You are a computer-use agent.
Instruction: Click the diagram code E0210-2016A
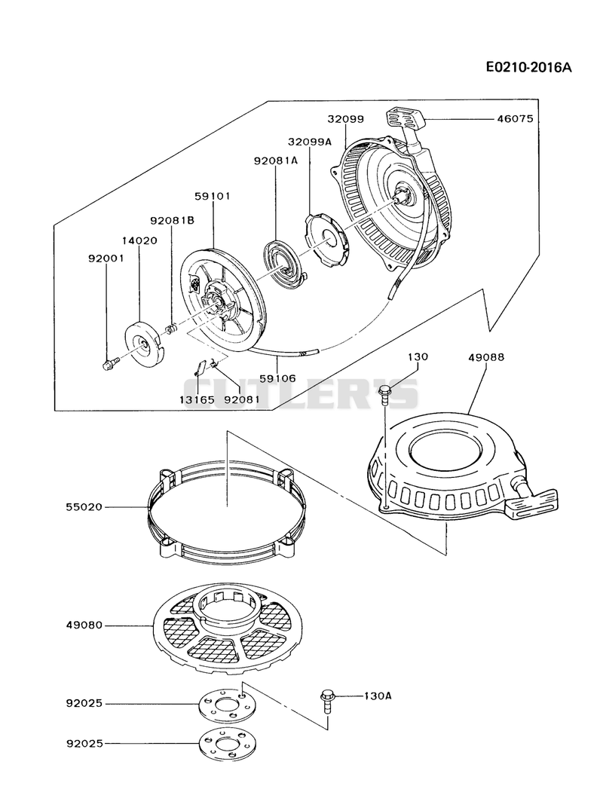coord(529,67)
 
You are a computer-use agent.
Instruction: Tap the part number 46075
coord(515,119)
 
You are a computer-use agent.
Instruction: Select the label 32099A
coord(310,142)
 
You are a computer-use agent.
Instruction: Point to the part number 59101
coord(212,196)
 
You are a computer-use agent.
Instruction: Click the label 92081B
coord(172,220)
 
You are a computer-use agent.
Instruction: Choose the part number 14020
coord(139,240)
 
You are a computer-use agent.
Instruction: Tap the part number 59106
coord(278,378)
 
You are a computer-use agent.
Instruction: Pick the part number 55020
coord(84,506)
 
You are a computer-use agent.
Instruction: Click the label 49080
coord(84,625)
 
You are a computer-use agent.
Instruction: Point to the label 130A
coord(378,696)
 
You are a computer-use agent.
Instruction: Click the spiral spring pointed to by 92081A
coord(283,260)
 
